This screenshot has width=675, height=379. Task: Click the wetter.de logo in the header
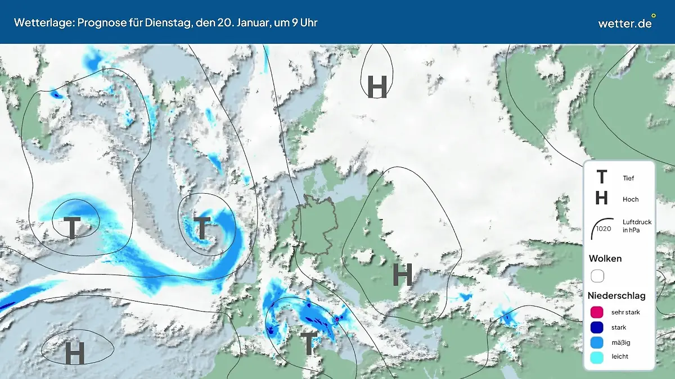coord(625,23)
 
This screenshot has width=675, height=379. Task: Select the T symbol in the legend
coord(601,177)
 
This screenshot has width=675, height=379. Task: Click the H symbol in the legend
coord(601,198)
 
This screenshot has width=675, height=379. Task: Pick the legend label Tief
coord(628,179)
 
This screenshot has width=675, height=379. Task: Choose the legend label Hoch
coord(631,199)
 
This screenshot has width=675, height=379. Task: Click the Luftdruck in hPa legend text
coord(637,226)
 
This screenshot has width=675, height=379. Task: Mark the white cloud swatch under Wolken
coord(597,276)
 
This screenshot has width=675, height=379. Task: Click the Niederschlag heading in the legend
coord(616,295)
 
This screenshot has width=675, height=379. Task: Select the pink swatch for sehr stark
coord(597,312)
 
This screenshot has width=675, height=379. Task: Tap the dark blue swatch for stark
coord(597,327)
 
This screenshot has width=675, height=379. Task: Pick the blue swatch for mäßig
coord(597,342)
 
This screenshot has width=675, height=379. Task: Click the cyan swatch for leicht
coord(597,357)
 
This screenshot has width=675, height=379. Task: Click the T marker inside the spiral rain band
coord(201,227)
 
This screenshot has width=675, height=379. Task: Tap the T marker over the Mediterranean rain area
coord(308,343)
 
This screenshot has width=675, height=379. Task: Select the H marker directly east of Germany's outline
coord(402,274)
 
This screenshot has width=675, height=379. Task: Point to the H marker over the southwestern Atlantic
coord(74,353)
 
